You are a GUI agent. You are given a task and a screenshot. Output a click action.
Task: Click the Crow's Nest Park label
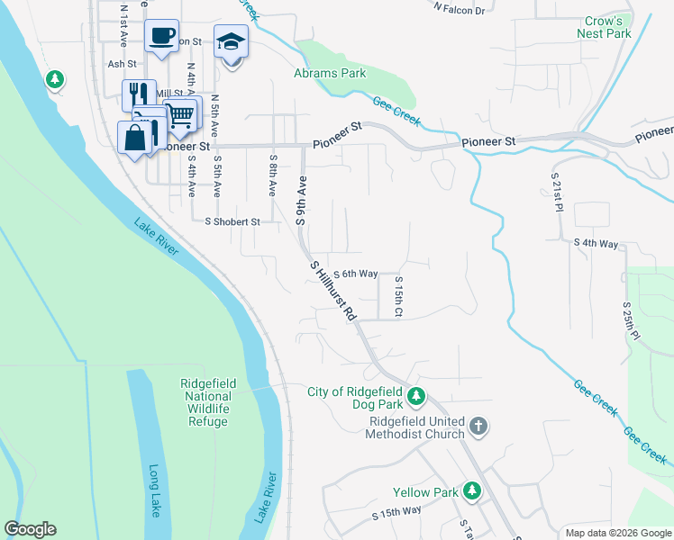(604, 26)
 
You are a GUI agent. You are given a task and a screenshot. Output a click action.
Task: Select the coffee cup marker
(161, 36)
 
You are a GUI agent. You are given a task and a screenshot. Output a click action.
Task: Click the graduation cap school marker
(231, 41)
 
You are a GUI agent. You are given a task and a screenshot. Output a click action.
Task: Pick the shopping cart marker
(180, 114)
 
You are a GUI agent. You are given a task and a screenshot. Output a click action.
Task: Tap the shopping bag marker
(134, 138)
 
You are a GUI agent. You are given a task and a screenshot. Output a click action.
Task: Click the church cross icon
(478, 426)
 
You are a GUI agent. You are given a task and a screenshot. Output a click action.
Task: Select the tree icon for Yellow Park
(471, 490)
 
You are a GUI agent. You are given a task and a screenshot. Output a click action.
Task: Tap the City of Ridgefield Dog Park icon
(415, 395)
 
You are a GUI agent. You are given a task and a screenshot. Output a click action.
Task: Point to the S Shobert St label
(232, 221)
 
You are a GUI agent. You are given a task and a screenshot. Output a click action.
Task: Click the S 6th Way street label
(355, 274)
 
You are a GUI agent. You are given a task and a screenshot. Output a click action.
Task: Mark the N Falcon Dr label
(459, 9)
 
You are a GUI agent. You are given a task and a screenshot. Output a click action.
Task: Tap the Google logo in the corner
(30, 529)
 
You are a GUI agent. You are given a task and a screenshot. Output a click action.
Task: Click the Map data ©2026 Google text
(617, 533)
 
